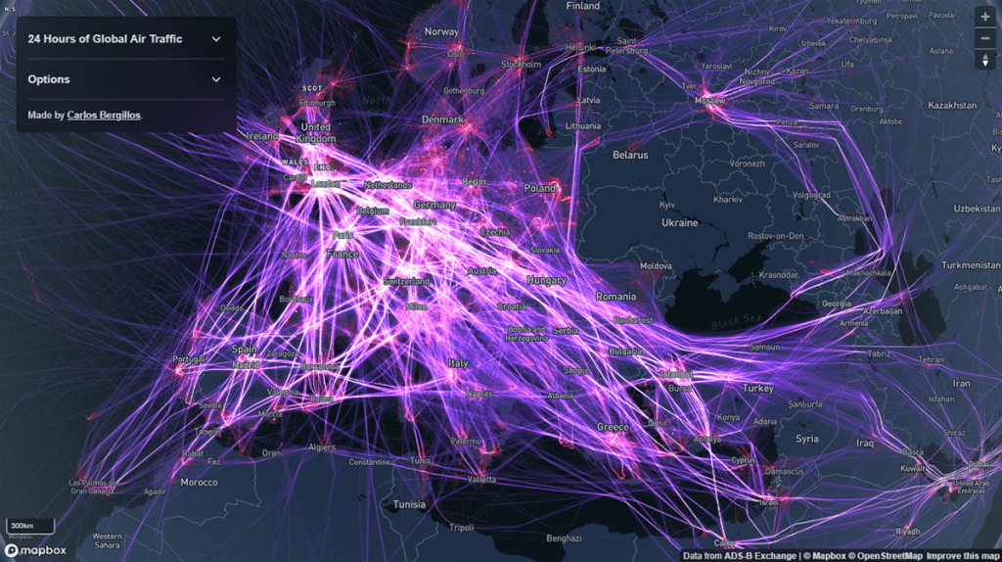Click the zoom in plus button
(984, 17)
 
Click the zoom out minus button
(984, 38)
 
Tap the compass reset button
(984, 60)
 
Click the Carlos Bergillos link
(104, 116)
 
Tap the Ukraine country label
(680, 222)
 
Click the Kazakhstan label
(952, 105)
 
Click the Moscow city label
(710, 101)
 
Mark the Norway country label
(441, 32)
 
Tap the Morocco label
(199, 483)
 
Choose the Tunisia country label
(409, 504)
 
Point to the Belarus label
(630, 155)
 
